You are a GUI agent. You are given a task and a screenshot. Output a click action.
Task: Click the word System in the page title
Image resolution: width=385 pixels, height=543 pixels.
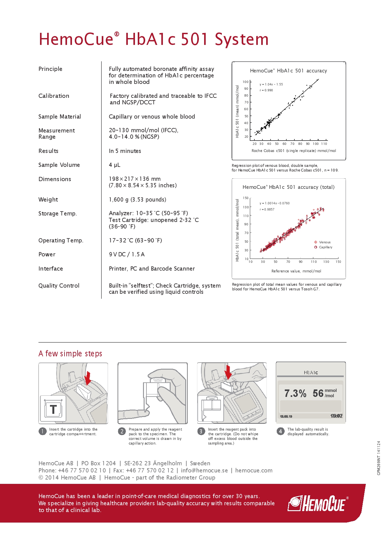coord(242,40)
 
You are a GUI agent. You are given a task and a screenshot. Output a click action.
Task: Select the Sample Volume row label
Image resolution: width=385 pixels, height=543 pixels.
coord(59,165)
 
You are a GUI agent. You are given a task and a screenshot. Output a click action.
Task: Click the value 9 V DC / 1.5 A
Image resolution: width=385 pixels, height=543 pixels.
coord(127,254)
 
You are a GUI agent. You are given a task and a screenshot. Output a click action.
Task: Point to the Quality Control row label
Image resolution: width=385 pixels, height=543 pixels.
coord(59,286)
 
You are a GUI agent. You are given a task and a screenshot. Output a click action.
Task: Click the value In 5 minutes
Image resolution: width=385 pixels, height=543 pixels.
coord(125,151)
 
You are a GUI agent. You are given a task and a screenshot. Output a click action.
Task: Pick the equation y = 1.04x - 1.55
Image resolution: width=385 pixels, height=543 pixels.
coord(271,84)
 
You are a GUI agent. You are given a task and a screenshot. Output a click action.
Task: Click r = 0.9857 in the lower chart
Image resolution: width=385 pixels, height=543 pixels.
coord(267,210)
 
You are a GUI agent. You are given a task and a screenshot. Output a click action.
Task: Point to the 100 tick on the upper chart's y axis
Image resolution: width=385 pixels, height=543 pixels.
coord(246,82)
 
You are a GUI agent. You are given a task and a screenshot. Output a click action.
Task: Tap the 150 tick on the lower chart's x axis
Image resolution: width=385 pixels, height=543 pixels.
coord(338,262)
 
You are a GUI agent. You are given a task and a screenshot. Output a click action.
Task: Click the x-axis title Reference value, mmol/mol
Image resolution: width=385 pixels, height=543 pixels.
coord(296,271)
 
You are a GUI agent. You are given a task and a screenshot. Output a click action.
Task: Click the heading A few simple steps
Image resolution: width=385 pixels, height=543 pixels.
coord(70,354)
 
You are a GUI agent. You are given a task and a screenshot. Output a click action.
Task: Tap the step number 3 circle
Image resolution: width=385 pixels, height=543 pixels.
coord(201,431)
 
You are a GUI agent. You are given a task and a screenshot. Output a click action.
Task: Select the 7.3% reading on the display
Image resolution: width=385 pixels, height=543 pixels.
coord(295,393)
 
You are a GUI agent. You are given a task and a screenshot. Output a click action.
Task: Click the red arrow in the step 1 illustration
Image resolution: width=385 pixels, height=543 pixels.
coord(88,378)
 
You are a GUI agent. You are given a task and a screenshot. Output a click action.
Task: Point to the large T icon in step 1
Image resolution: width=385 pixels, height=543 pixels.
coord(53,409)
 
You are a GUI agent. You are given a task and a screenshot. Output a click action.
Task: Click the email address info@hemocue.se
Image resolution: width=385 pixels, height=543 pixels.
coord(204,471)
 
